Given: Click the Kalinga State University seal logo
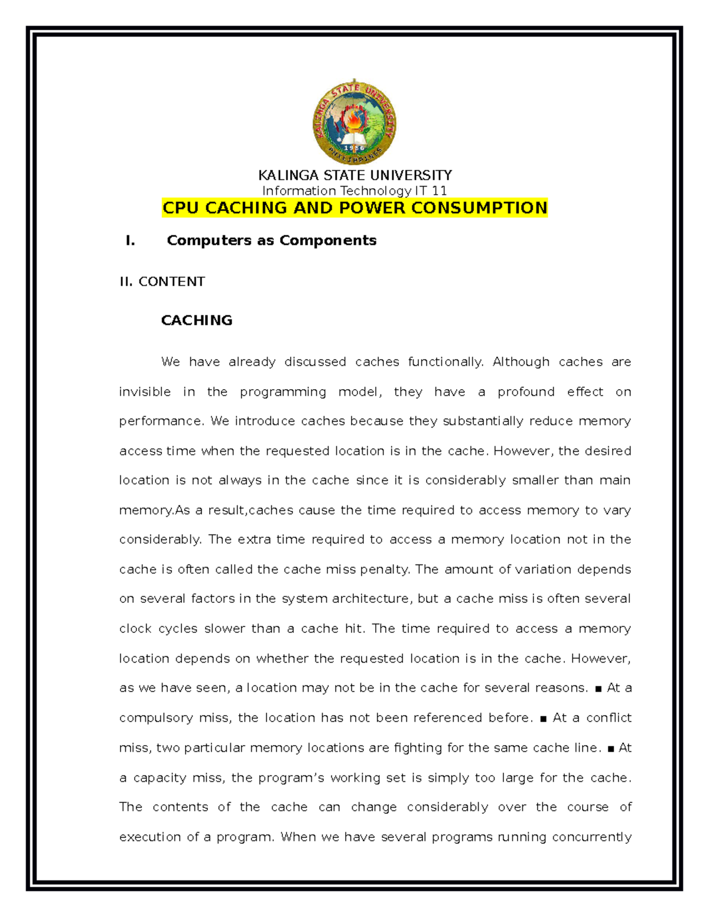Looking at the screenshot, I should point(354,122).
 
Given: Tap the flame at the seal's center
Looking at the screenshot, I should point(354,120).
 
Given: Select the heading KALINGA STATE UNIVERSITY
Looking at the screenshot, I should point(354,175).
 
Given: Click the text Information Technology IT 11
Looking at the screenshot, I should point(354,191).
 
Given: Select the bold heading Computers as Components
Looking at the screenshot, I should point(271,240).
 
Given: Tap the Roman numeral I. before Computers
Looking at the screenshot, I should point(131,240).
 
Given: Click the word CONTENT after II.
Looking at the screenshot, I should point(171,282).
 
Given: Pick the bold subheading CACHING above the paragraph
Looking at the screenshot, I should point(197,320).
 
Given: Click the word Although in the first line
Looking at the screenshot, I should point(521,362).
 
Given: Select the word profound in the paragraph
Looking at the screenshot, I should point(526,392).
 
